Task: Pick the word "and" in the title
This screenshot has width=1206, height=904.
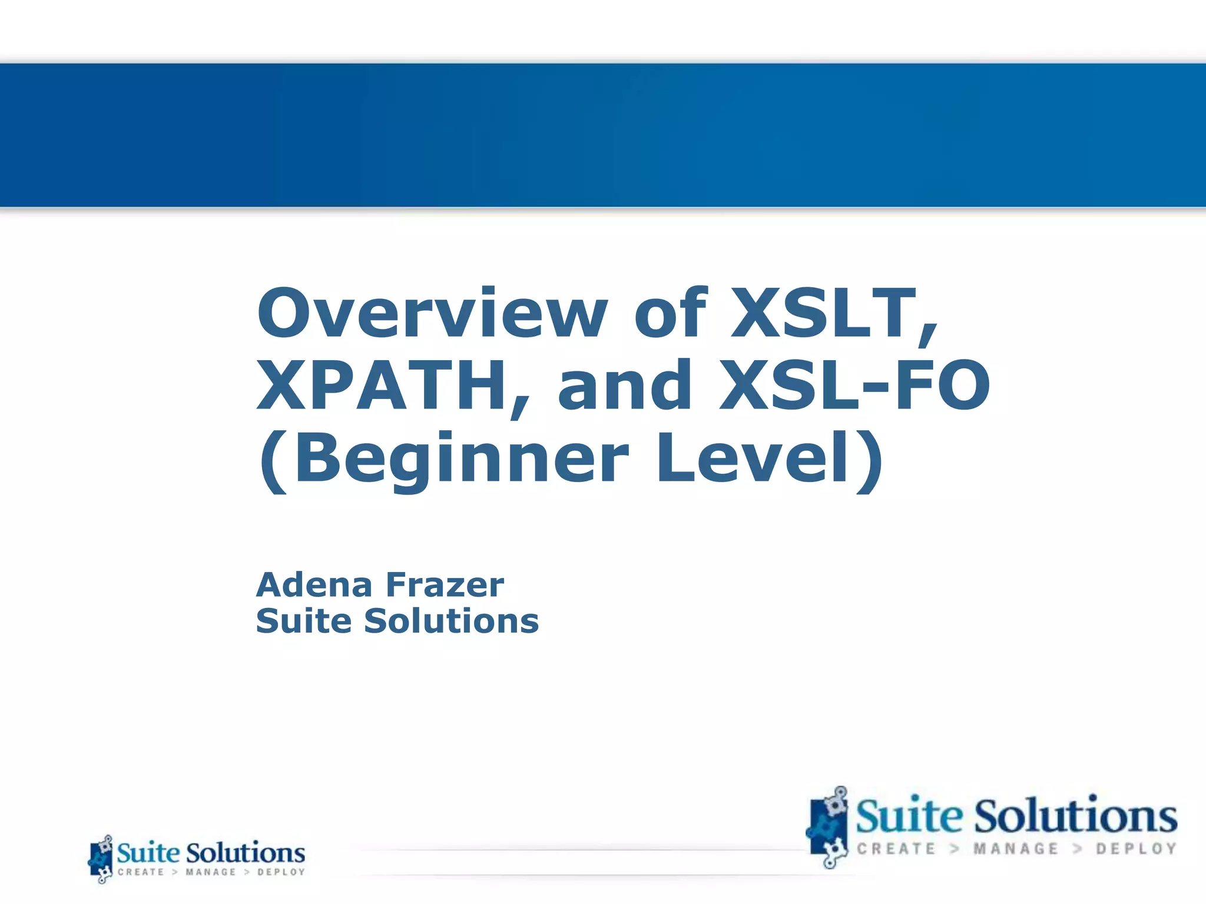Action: click(x=624, y=385)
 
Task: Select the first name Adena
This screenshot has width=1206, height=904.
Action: click(x=314, y=585)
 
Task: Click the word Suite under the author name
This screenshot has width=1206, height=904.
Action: click(x=304, y=621)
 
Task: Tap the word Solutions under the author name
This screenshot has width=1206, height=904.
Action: click(x=451, y=621)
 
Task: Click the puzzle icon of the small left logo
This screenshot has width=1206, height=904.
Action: click(x=101, y=859)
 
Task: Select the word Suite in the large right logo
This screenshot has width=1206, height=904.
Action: click(x=909, y=816)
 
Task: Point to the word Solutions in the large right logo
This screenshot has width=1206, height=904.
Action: click(x=1076, y=816)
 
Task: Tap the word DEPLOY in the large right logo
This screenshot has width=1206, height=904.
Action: click(x=1136, y=849)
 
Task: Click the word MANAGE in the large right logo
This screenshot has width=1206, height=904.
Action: click(x=1016, y=849)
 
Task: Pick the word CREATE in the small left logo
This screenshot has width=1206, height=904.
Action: click(x=141, y=872)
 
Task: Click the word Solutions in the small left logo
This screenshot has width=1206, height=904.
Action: click(x=246, y=853)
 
